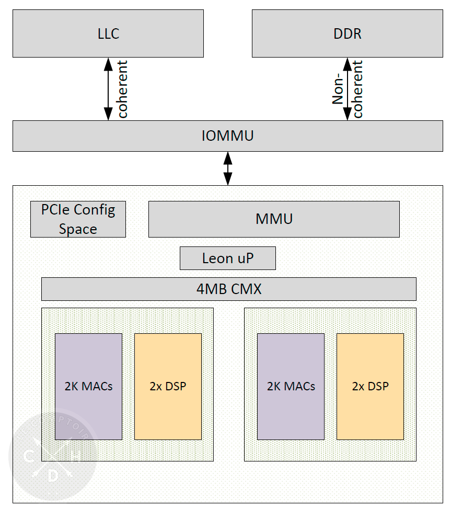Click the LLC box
108,34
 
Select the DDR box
347,34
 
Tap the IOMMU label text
227,136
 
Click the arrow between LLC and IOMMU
108,89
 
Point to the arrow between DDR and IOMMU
347,89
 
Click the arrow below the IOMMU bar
228,168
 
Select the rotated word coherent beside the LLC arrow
123,89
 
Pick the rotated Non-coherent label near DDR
348,89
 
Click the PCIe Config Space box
78,219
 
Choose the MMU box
274,219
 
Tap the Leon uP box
227,258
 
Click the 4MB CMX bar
228,289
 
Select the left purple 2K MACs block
88,387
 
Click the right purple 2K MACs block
291,387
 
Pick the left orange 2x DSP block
168,387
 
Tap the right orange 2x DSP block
370,387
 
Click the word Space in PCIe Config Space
78,229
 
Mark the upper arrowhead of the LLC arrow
108,63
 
